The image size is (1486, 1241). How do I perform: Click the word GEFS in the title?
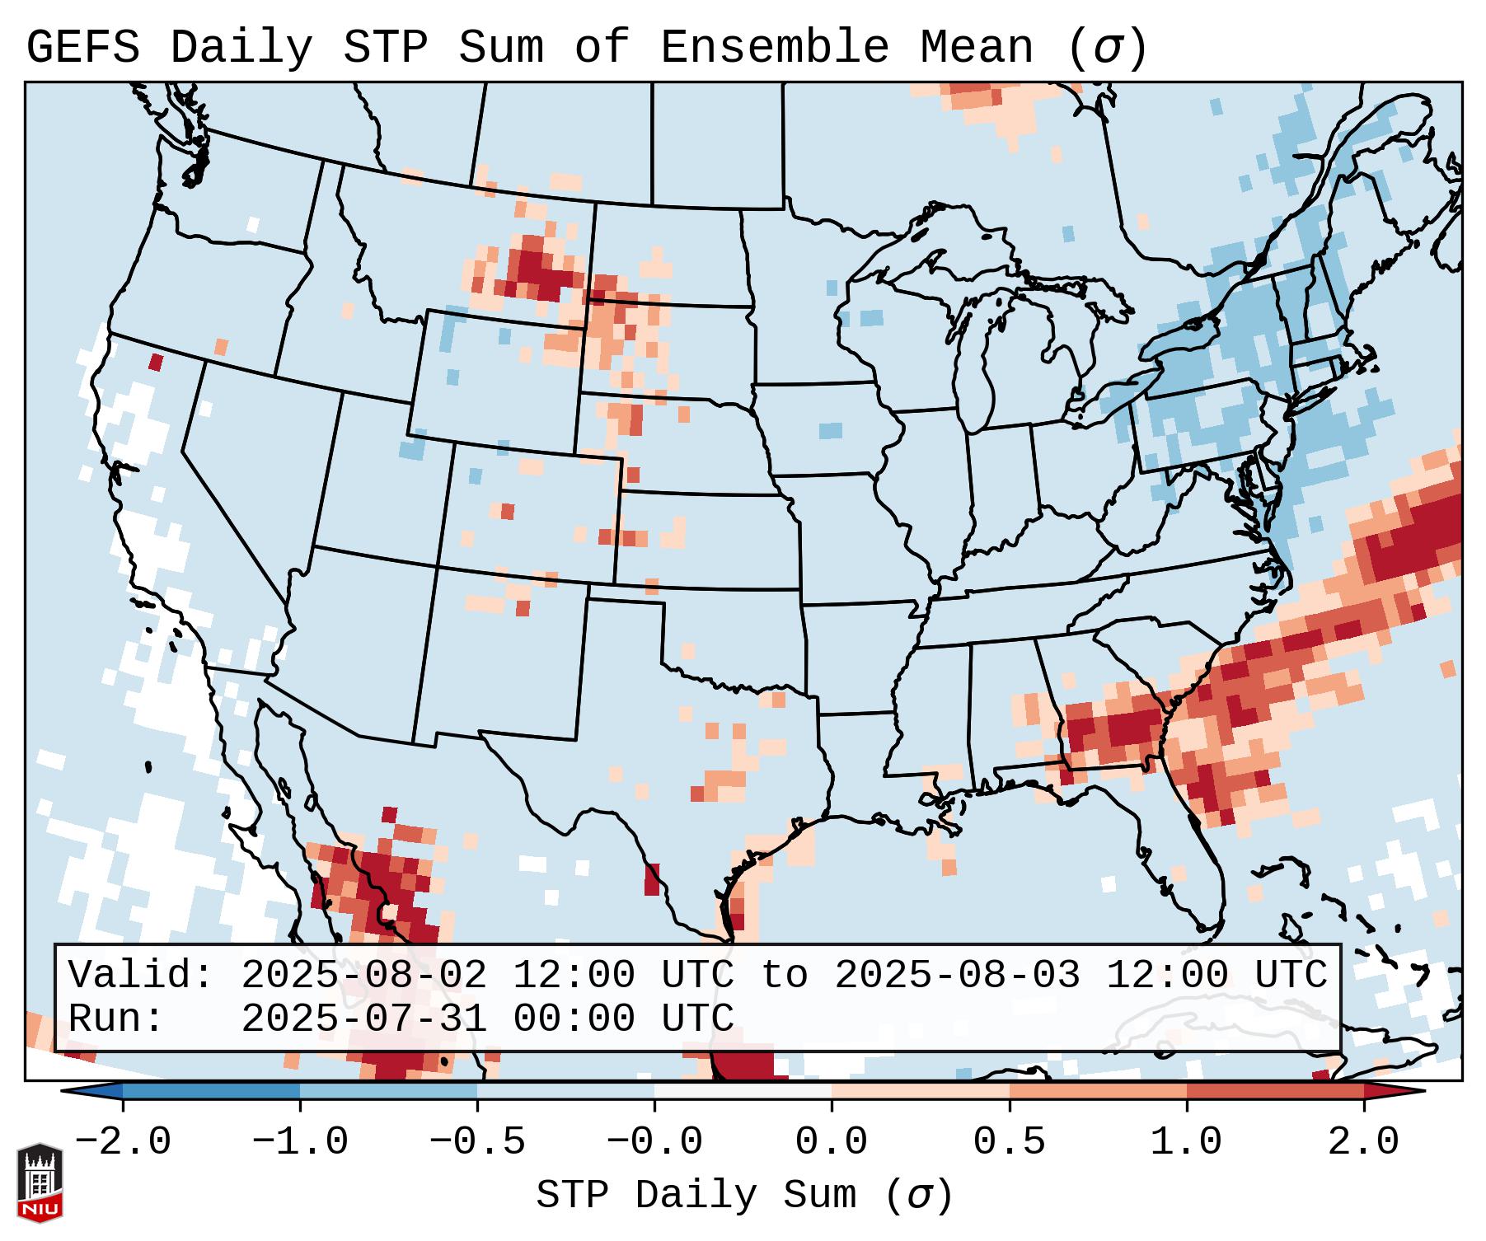pyautogui.click(x=83, y=48)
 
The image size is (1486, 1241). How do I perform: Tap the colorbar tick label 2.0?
pyautogui.click(x=1363, y=1142)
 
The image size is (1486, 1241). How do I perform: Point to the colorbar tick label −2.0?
pyautogui.click(x=123, y=1142)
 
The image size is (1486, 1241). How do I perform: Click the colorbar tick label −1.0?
pyautogui.click(x=300, y=1142)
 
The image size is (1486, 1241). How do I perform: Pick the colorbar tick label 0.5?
pyautogui.click(x=1009, y=1142)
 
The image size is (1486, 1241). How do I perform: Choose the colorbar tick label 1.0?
pyautogui.click(x=1186, y=1142)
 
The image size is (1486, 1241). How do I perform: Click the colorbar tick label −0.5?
pyautogui.click(x=477, y=1142)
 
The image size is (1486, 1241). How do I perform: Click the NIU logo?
pyautogui.click(x=40, y=1182)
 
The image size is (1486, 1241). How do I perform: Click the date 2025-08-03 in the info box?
pyautogui.click(x=957, y=976)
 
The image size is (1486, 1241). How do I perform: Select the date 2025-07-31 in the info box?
pyautogui.click(x=363, y=1019)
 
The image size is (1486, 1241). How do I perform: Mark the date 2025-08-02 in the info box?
pyautogui.click(x=363, y=976)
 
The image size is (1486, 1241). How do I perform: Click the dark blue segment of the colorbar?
pyautogui.click(x=211, y=1091)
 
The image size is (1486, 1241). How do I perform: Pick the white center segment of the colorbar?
pyautogui.click(x=743, y=1091)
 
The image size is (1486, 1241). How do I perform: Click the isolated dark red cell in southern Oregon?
pyautogui.click(x=156, y=362)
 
